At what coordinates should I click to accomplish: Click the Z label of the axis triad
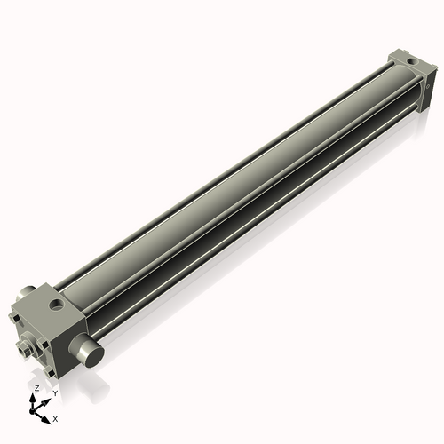36,389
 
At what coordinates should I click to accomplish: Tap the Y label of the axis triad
54,392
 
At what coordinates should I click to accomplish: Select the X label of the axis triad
56,417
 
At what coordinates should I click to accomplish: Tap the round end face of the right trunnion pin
94,353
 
